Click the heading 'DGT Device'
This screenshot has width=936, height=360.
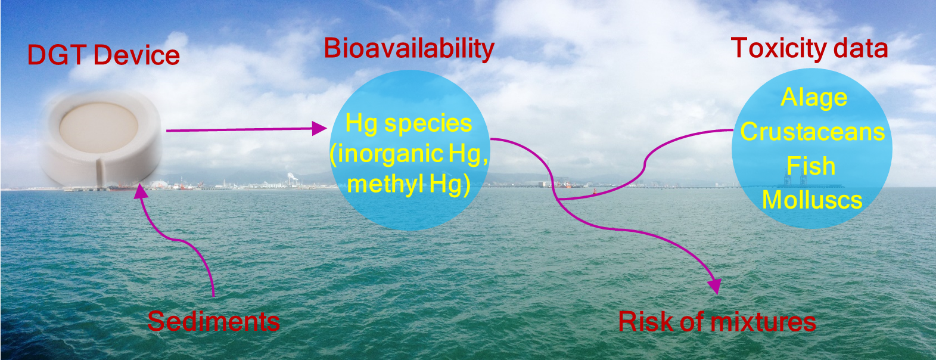pos(103,55)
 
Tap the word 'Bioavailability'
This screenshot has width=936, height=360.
pos(409,49)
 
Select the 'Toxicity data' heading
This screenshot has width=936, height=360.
pos(809,48)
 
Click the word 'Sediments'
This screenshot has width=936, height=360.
pos(213,321)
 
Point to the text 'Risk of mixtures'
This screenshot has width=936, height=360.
pos(717,321)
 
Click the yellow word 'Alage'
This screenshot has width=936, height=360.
pos(814,98)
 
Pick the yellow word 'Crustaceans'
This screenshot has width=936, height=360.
pos(812,132)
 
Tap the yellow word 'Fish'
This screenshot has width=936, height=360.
pos(811,166)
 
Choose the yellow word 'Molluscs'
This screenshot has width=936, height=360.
pos(812,200)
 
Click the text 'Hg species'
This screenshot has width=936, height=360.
pos(409,124)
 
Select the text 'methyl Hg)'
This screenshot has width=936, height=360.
pos(409,184)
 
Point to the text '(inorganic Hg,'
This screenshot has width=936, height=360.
pos(409,154)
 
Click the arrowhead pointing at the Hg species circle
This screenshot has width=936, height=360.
pos(320,128)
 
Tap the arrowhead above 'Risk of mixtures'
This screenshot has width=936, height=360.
pos(715,285)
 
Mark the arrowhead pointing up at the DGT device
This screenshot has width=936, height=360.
pos(141,191)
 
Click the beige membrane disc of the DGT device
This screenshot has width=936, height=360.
pos(99,128)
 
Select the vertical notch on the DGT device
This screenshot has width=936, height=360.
pos(99,172)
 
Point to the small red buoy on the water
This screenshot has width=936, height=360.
pos(595,191)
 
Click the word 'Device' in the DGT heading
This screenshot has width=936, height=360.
pos(136,55)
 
